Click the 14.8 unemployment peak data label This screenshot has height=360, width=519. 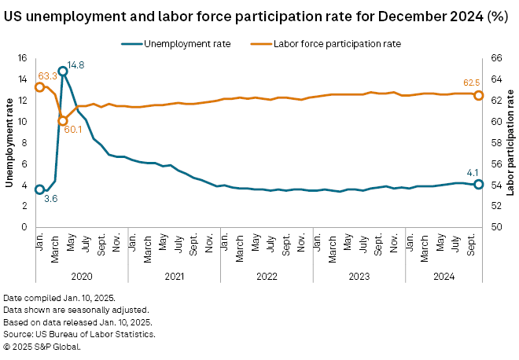[x=76, y=64]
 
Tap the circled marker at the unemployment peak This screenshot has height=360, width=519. [x=63, y=72]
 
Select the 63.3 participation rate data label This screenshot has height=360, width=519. [x=47, y=76]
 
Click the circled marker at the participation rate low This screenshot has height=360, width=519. [x=63, y=121]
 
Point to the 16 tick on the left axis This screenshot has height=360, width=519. [x=22, y=58]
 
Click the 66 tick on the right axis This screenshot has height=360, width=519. [x=497, y=58]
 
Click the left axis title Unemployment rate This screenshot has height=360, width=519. [x=10, y=141]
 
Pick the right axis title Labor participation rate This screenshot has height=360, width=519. [x=510, y=141]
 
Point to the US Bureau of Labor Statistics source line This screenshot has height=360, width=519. [x=79, y=334]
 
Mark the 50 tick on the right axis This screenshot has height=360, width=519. [x=497, y=227]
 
